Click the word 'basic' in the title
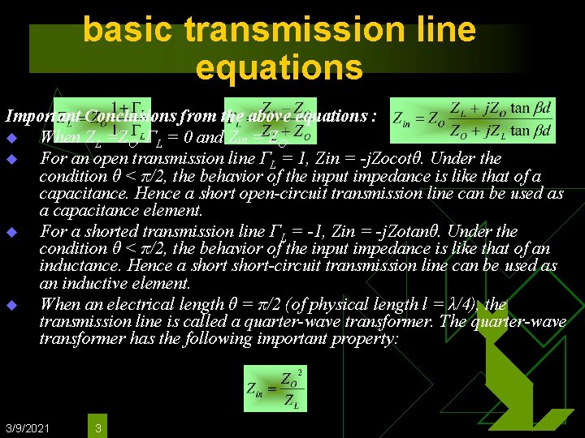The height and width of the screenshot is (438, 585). coord(129,30)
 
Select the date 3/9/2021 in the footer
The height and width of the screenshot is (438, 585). coord(27,427)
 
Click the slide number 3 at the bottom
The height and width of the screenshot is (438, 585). coord(97,427)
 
